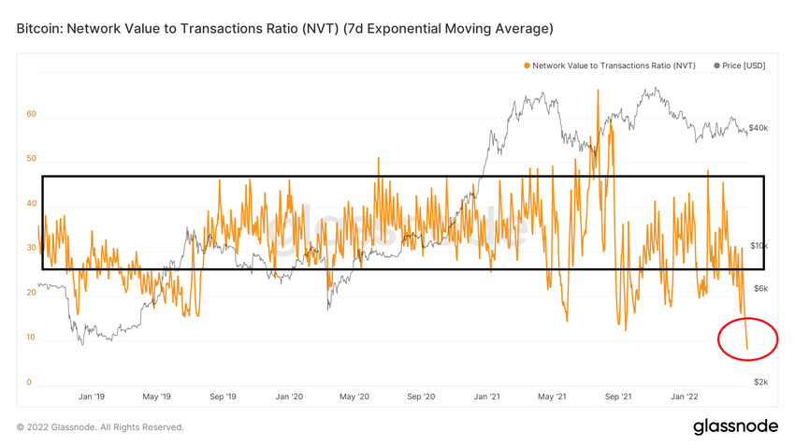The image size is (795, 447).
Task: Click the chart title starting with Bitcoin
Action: coord(284,29)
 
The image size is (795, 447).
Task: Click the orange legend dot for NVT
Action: coord(527,65)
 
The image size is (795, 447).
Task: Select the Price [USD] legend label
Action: coord(744,65)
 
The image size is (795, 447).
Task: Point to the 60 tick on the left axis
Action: coord(31,114)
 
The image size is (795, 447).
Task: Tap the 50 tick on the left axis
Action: coord(31,159)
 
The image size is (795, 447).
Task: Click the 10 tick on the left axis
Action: coord(31,338)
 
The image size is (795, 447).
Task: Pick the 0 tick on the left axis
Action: coord(29,382)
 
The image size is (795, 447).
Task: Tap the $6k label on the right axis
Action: coord(761,288)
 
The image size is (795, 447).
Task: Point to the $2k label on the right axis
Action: coord(761,382)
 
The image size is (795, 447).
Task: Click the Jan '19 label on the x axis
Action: coord(92,397)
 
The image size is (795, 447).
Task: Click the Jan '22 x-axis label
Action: coord(686,397)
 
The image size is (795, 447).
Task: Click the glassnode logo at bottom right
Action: coord(735,426)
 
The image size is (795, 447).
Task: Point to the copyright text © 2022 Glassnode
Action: coord(100,427)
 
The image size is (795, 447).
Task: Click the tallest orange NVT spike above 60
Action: coord(596,92)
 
